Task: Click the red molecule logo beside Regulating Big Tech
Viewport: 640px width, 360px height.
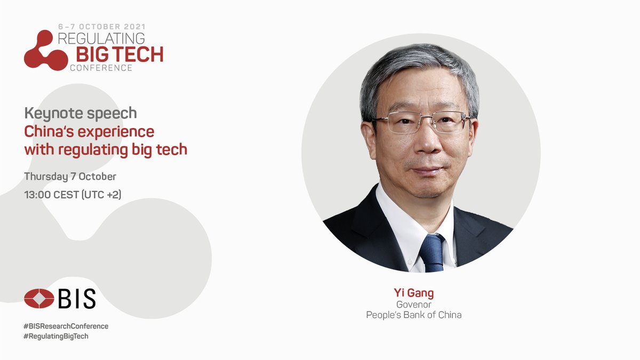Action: (45, 50)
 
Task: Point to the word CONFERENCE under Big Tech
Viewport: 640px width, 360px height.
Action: (101, 68)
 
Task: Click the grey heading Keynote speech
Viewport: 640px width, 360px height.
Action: (81, 113)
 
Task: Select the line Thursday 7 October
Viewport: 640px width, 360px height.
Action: (70, 176)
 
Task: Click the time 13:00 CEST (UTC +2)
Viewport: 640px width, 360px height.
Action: (73, 195)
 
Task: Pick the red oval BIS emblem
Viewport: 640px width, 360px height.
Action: (39, 299)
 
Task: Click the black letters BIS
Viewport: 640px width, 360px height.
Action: (77, 299)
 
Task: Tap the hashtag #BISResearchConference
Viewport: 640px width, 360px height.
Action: (66, 326)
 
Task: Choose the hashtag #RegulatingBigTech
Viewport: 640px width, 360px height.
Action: (56, 337)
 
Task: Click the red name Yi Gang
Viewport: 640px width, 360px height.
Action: (413, 293)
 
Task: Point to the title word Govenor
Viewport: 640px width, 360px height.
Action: (413, 305)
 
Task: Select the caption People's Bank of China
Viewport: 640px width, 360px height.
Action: (413, 315)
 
